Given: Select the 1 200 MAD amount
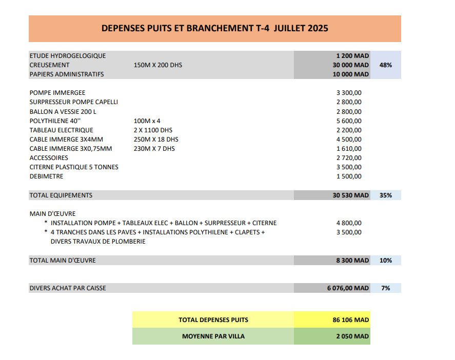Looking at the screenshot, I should coord(352,55).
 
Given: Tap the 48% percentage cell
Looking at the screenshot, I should coord(386,65).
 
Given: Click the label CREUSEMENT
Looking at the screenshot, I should coord(50,65).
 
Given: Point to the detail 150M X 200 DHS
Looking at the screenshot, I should coord(157,65).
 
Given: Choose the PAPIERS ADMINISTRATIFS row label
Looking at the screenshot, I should coord(67,74).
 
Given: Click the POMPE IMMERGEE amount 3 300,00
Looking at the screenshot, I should coord(349,93).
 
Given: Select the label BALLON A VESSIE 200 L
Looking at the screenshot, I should coord(63,112).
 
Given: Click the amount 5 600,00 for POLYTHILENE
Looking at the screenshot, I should coord(349,121).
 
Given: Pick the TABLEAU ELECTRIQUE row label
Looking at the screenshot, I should coord(62,130).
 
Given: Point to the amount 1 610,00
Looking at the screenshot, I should coord(349,149).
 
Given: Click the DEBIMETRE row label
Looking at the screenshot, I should coord(47,176).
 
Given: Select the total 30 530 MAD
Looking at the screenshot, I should coord(350,195).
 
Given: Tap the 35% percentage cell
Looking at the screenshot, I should coord(386,195).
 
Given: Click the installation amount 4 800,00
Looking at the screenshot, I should coord(349,223).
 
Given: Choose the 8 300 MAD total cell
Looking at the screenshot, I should coord(352,261).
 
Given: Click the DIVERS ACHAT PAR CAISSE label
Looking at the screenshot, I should coord(68,288).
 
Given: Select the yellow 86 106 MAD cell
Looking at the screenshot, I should coord(350,320).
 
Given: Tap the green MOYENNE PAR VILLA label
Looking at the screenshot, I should coord(213,336).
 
